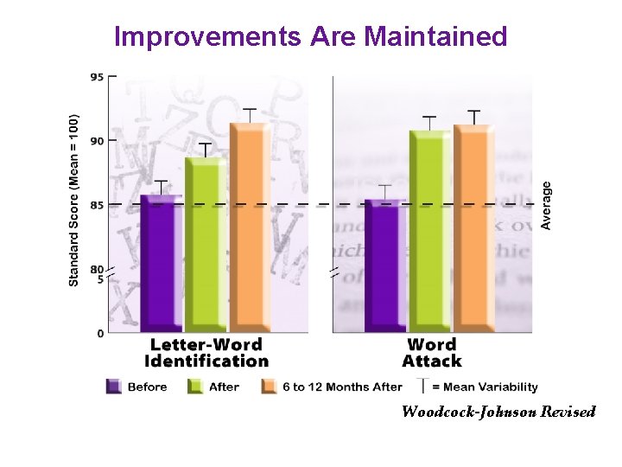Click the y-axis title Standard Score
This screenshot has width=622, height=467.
74,200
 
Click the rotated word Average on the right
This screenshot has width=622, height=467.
546,205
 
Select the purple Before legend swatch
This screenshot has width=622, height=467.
114,387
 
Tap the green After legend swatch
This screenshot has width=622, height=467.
195,387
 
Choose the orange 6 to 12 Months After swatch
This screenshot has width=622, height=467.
269,387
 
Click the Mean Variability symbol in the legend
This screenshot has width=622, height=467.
422,386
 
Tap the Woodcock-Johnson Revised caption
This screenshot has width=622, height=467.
498,412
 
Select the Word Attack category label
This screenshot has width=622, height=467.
432,352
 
